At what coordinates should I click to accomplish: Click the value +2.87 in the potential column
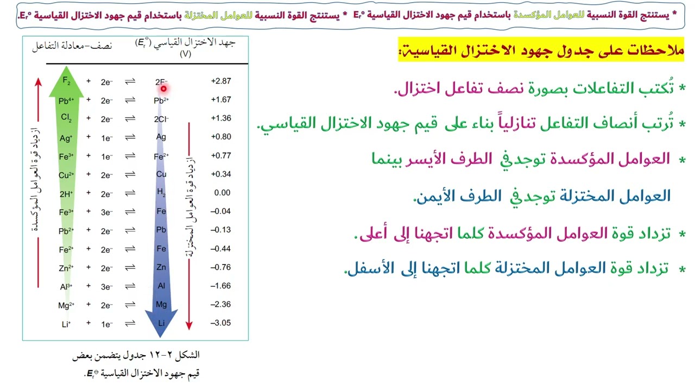coord(221,81)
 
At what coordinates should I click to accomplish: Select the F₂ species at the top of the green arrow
coord(67,81)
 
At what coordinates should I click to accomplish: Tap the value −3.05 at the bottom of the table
coord(221,323)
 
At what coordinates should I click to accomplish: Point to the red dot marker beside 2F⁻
coord(163,89)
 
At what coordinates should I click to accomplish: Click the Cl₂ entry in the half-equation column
coord(66,118)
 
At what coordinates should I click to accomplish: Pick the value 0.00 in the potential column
coord(222,192)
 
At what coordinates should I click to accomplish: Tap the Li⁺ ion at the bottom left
coord(66,324)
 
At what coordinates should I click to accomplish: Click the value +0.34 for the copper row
coord(221,174)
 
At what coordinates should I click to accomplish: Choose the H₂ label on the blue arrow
coord(161,192)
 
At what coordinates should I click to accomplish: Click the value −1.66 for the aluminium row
coord(221,286)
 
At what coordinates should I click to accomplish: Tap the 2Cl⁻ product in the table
coord(161,118)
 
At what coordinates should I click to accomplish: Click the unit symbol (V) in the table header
coord(185,54)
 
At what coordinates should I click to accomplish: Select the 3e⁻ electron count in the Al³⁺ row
coord(106,286)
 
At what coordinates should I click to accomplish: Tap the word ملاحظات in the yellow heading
coord(656,52)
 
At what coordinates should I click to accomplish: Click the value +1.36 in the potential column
coord(221,118)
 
